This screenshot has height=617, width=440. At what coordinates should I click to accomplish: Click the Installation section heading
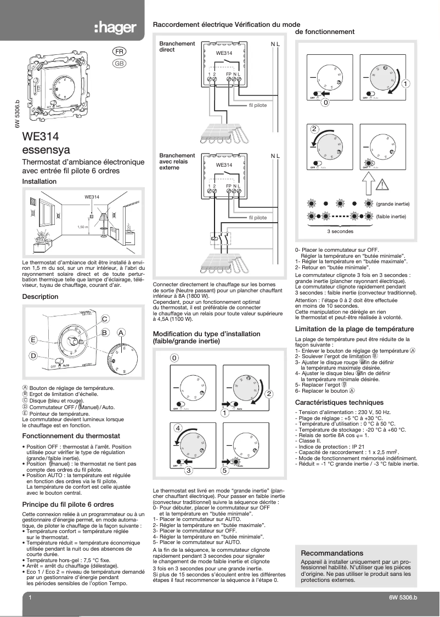pos(39,182)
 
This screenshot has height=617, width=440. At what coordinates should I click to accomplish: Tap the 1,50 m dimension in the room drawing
pos(82,227)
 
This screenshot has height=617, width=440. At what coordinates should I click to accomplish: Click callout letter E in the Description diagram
pos(33,340)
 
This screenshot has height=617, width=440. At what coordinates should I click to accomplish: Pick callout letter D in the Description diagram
pos(33,356)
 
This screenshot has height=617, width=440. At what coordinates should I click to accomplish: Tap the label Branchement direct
pos(177,47)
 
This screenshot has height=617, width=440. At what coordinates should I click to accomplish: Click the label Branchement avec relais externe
pos(177,162)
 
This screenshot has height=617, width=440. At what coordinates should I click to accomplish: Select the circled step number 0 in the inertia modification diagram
pos(174,358)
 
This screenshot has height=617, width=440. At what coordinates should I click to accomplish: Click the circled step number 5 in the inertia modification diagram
pos(224,470)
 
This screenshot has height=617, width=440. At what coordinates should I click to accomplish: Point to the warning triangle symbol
pos(382,184)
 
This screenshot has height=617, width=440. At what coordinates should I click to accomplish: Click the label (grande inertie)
pos(393,204)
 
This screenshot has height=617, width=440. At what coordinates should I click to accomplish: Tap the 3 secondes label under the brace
pos(340,231)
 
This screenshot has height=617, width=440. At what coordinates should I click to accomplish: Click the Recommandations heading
pos(332,553)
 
